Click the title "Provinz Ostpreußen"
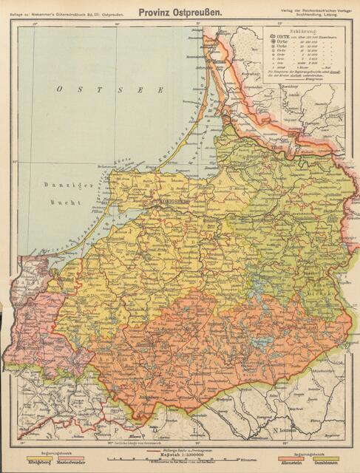coord(180,12)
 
